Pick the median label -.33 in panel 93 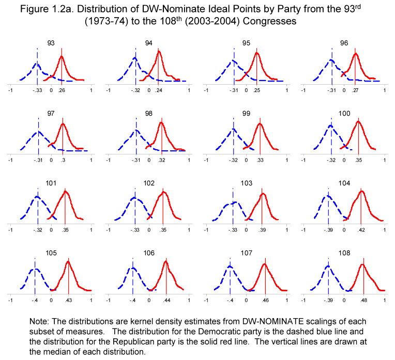point(37,90)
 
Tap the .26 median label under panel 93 point(62,90)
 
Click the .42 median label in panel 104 point(361,230)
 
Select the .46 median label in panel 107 point(265,300)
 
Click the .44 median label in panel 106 point(166,300)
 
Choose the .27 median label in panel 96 point(356,90)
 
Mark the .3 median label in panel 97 point(63,160)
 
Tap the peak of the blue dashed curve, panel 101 point(37,197)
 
